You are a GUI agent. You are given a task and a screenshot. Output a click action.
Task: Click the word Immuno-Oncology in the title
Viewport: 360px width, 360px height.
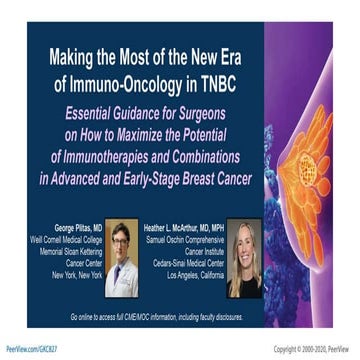(x=134, y=79)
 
